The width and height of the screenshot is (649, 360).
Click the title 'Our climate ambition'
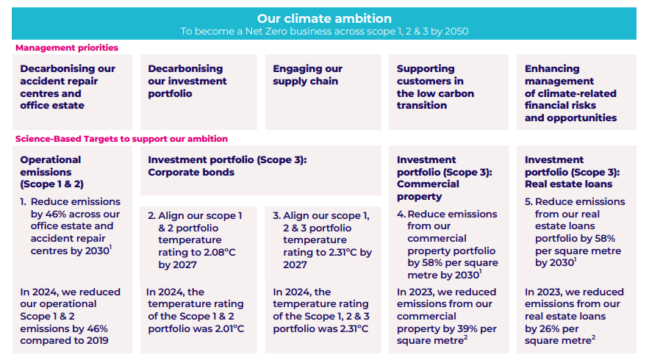pos(324,18)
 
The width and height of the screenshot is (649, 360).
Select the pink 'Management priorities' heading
pos(67,48)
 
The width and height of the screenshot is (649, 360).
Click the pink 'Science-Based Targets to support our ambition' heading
pos(121,139)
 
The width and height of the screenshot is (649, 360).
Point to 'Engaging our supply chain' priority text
pos(307,75)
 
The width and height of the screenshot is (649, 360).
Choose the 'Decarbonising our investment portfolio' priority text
pos(187,81)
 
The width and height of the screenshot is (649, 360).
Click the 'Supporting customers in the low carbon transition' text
pos(435,87)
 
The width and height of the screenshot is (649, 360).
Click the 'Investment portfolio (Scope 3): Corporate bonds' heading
pos(227,166)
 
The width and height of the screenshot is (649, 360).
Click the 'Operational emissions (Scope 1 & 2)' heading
pos(51,172)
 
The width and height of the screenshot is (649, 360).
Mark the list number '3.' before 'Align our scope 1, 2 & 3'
pos(276,215)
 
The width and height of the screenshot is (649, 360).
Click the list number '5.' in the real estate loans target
pos(528,201)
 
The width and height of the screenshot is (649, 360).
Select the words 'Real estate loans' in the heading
pos(568,184)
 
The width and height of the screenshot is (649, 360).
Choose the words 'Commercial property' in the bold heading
pos(428,190)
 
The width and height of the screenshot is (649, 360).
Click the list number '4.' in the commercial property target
pos(401,214)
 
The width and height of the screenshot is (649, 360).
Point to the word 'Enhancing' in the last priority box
pos(552,68)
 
